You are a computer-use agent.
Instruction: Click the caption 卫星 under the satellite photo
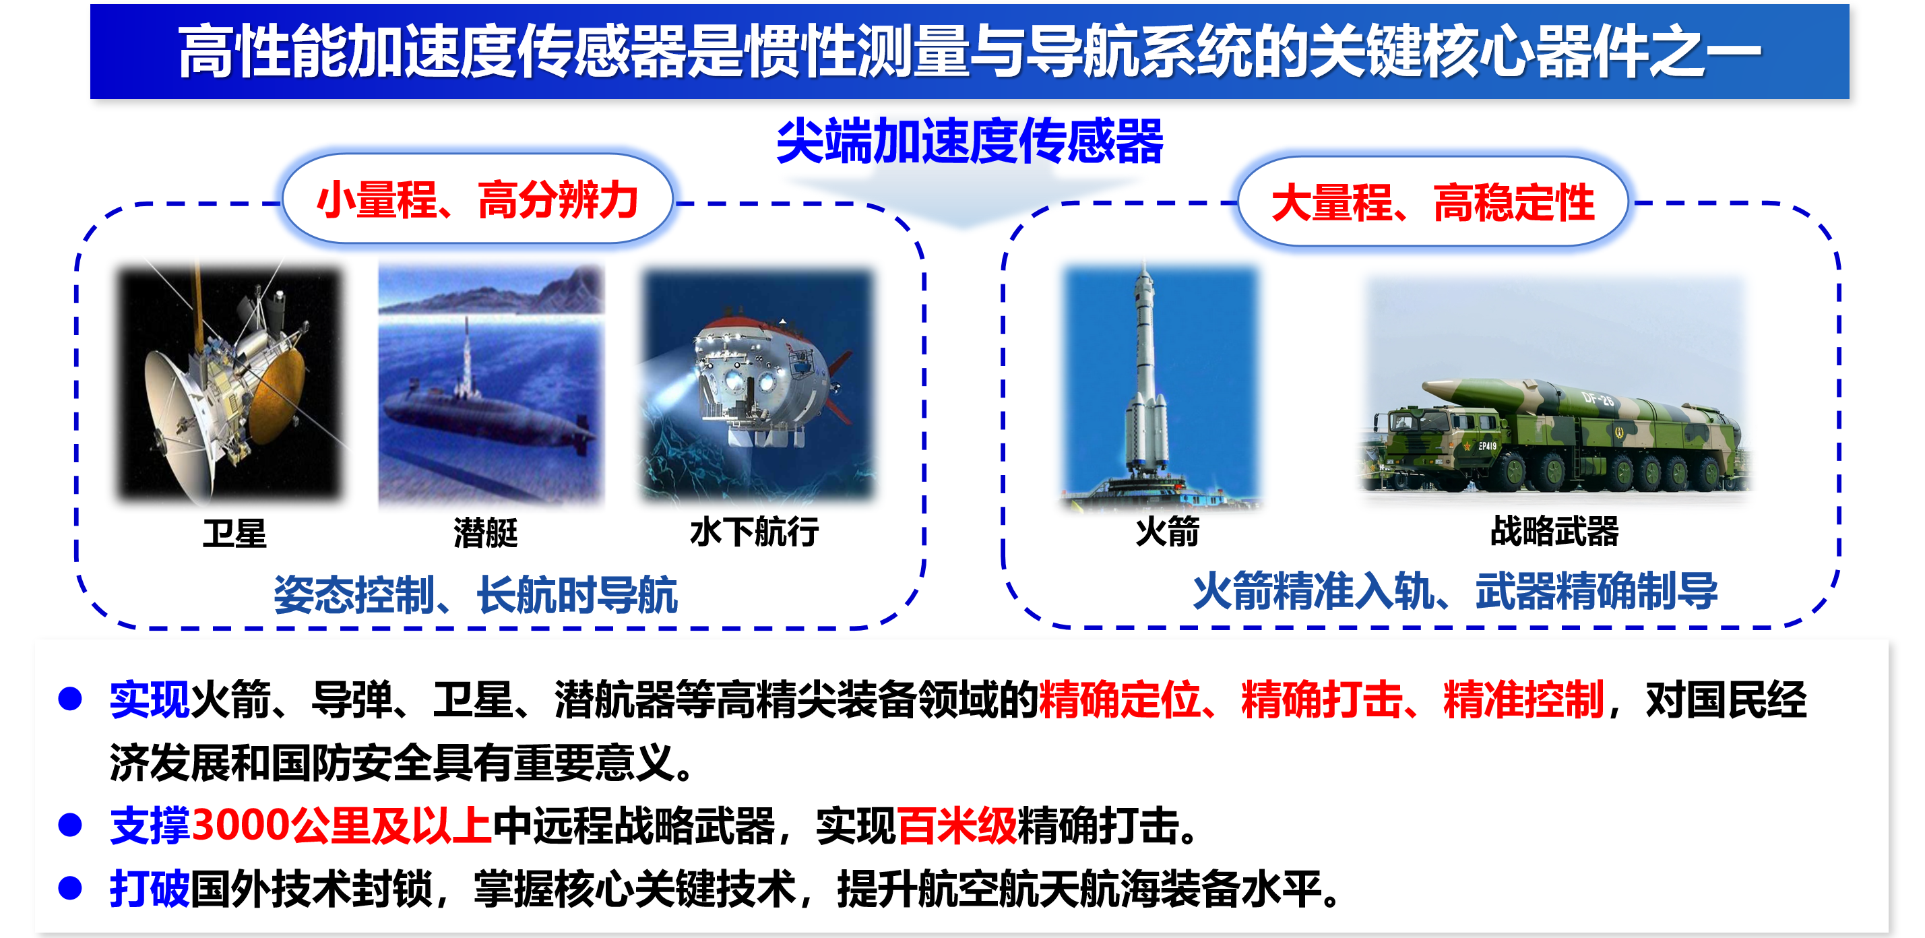pyautogui.click(x=234, y=533)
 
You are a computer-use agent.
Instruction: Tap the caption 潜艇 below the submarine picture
pyautogui.click(x=486, y=533)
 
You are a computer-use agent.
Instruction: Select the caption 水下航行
pyautogui.click(x=754, y=532)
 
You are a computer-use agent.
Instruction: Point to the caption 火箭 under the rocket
pyautogui.click(x=1167, y=532)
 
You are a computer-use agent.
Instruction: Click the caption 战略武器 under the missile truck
pyautogui.click(x=1554, y=531)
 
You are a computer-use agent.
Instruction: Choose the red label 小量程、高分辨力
pyautogui.click(x=478, y=200)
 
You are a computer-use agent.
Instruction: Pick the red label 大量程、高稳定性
pyautogui.click(x=1432, y=204)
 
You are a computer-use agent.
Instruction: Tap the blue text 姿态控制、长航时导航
pyautogui.click(x=476, y=595)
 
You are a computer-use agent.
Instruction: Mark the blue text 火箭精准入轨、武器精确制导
pyautogui.click(x=1455, y=591)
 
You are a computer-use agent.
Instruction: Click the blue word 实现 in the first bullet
pyautogui.click(x=150, y=699)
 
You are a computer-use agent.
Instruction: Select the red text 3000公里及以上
pyautogui.click(x=342, y=826)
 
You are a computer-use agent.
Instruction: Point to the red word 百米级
pyautogui.click(x=957, y=826)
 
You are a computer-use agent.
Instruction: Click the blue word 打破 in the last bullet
pyautogui.click(x=150, y=889)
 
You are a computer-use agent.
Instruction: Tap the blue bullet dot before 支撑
pyautogui.click(x=70, y=825)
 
